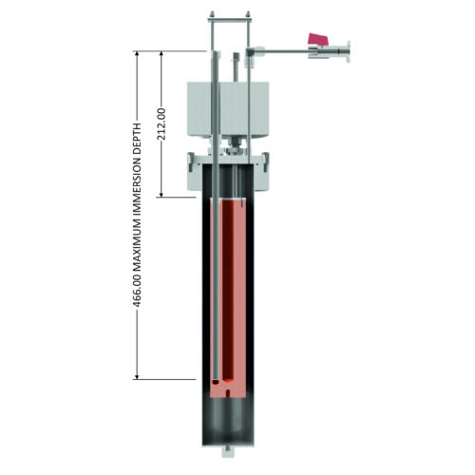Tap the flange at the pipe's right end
click(x=349, y=51)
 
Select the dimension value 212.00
click(x=161, y=124)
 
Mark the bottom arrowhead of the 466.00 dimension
click(x=137, y=375)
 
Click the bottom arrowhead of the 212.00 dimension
click(x=161, y=194)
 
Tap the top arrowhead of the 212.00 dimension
click(x=161, y=55)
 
